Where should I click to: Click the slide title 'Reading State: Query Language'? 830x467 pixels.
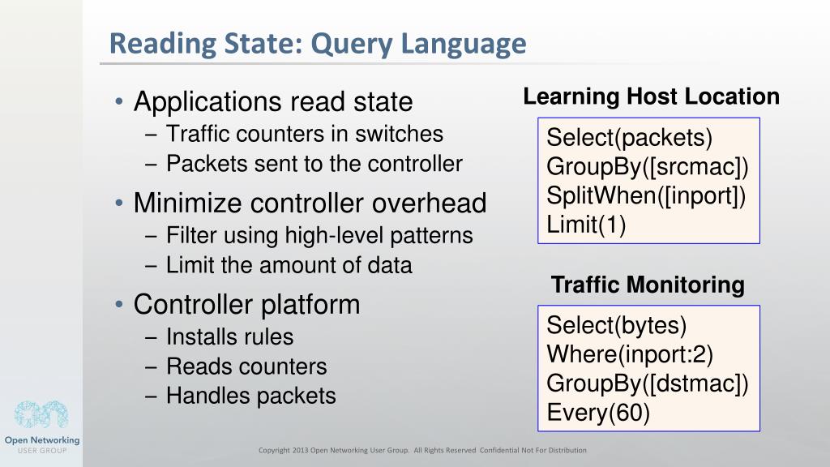[318, 43]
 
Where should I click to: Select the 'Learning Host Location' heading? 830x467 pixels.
[651, 97]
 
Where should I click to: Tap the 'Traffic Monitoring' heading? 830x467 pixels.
[648, 285]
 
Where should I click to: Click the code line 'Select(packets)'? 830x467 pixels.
[630, 138]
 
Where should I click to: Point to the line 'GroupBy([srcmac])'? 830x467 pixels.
[648, 167]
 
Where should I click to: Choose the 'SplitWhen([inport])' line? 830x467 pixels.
[646, 195]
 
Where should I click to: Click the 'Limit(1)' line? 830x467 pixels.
[586, 225]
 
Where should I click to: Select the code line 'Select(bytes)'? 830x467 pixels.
[617, 326]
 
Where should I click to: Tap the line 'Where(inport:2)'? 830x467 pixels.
[630, 354]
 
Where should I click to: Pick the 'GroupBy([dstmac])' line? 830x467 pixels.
[648, 383]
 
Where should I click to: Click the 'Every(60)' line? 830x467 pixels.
[598, 413]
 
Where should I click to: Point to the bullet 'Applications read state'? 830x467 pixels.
[273, 102]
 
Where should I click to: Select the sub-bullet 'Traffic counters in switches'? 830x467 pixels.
[304, 134]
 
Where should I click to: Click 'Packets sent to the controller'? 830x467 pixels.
[314, 164]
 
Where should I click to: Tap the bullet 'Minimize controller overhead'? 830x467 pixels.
[310, 203]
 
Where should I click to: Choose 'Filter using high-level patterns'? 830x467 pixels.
[319, 236]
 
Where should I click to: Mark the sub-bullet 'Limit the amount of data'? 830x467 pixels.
[289, 265]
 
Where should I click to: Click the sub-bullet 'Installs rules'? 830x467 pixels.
[229, 336]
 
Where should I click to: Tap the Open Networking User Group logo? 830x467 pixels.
[41, 426]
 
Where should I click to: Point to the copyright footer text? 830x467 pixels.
[421, 450]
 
